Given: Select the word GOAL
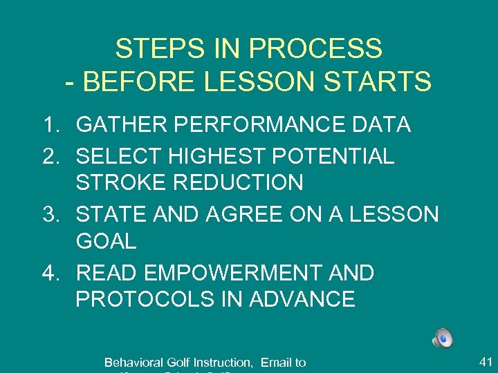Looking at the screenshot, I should [x=106, y=242].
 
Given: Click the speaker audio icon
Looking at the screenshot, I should [x=443, y=338].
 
